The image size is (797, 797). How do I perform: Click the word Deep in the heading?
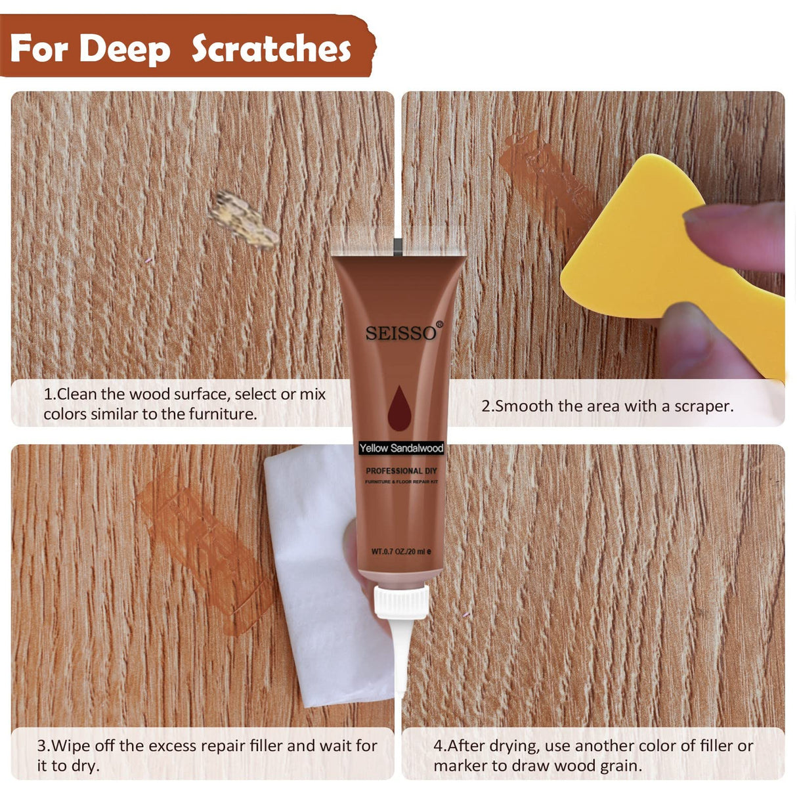point(125,49)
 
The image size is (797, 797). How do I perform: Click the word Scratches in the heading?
point(271,49)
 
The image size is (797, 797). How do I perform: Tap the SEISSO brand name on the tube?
point(400,334)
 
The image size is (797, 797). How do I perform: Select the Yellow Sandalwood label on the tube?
point(401,448)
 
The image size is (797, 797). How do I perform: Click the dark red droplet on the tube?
point(398,408)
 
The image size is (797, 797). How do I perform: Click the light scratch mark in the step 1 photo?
point(243,220)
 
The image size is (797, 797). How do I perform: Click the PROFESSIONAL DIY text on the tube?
point(401,471)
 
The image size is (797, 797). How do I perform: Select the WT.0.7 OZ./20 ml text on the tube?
point(401,551)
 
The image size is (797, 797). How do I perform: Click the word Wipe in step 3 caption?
point(72,746)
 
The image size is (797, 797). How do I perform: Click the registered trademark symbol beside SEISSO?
point(440,324)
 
